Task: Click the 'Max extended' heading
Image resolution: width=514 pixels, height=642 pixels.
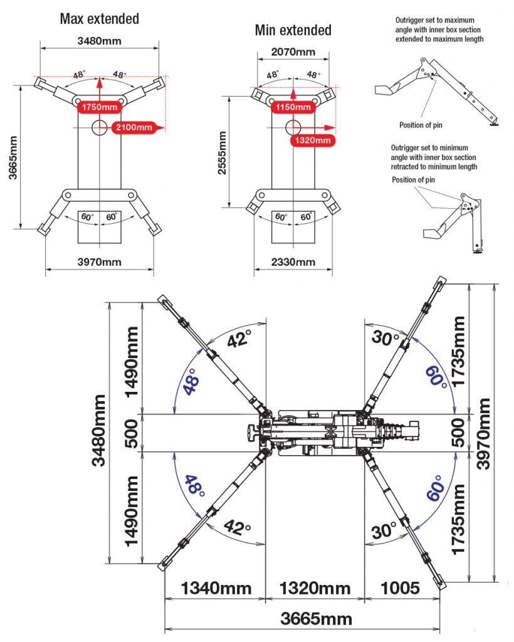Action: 99,19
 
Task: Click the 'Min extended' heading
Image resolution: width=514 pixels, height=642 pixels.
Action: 293,29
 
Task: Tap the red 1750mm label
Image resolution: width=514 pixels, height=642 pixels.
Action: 99,107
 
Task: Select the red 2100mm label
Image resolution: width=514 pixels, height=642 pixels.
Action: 134,128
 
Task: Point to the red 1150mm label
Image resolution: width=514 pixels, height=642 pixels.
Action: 293,107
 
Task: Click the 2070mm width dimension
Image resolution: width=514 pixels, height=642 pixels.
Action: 293,51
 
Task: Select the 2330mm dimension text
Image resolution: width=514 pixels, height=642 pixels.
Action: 293,261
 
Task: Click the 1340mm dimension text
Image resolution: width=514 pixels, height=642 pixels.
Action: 216,589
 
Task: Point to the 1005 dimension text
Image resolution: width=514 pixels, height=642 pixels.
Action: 399,589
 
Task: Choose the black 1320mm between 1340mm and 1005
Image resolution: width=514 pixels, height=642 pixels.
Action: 315,589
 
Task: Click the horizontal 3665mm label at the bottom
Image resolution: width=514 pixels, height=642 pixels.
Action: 316,619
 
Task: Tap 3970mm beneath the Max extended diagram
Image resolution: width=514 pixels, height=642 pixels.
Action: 99,261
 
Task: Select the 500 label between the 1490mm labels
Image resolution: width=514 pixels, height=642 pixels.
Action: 131,433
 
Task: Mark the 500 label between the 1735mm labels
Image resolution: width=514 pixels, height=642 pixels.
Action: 459,433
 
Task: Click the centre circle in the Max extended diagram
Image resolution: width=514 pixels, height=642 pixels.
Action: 100,127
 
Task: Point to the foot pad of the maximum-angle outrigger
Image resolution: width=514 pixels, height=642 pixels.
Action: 495,124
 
